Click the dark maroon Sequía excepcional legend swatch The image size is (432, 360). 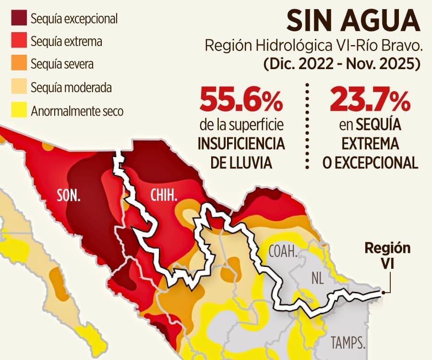[x=19, y=18]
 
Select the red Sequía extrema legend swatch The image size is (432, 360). [x=19, y=41]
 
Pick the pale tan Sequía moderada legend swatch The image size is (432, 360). [x=19, y=88]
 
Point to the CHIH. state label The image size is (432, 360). [x=164, y=195]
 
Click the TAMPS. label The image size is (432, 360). [x=348, y=343]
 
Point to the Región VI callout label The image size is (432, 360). [x=387, y=255]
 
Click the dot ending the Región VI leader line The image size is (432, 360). [x=383, y=292]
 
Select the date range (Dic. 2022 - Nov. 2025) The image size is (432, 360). [x=341, y=64]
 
